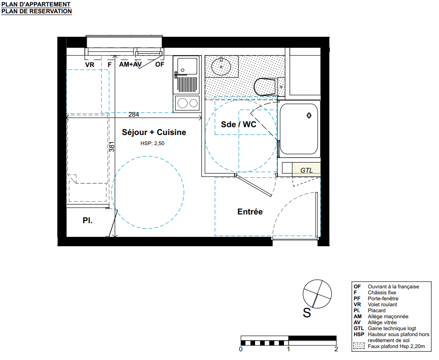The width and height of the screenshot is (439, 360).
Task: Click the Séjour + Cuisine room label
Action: tap(154, 132)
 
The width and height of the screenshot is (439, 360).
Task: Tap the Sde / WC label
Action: tap(239, 124)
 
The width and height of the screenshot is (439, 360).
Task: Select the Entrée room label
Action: tap(250, 212)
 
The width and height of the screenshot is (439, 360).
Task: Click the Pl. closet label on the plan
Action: tap(87, 220)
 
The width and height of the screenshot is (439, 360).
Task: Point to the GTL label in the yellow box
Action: tap(306, 170)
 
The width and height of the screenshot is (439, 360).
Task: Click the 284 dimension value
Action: tap(133, 114)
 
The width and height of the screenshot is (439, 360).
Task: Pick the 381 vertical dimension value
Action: tap(112, 147)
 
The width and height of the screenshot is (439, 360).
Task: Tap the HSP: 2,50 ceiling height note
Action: tap(152, 143)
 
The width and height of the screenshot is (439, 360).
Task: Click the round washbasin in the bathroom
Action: tap(221, 67)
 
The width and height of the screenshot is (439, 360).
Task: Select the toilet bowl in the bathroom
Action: tap(265, 87)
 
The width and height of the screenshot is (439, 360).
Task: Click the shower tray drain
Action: tap(309, 115)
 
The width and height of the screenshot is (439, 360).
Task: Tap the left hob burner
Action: tap(182, 103)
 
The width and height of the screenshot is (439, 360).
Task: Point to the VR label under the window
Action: tap(89, 65)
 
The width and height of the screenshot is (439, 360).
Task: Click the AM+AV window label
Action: tap(130, 64)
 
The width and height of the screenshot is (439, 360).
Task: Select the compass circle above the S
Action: tap(317, 294)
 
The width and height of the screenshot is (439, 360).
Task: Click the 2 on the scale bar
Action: tap(336, 349)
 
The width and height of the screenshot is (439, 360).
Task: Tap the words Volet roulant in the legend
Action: tap(382, 304)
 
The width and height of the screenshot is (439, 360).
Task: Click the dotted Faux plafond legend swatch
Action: tap(359, 346)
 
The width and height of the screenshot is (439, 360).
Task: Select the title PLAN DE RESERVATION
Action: tap(37, 11)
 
